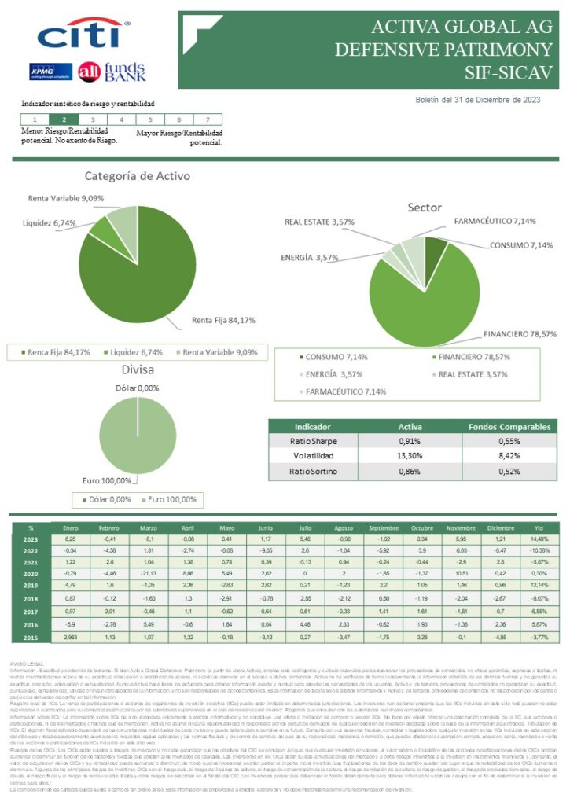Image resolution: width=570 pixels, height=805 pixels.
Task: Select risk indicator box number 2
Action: click(x=64, y=119)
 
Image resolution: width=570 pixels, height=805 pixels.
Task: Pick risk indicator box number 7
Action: click(x=207, y=119)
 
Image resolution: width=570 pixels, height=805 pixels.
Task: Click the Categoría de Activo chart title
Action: click(x=137, y=176)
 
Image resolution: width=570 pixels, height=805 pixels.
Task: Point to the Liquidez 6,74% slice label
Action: click(x=50, y=223)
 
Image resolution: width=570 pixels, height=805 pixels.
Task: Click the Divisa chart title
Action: click(x=137, y=369)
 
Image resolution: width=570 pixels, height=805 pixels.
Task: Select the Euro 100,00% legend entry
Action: click(x=171, y=500)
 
